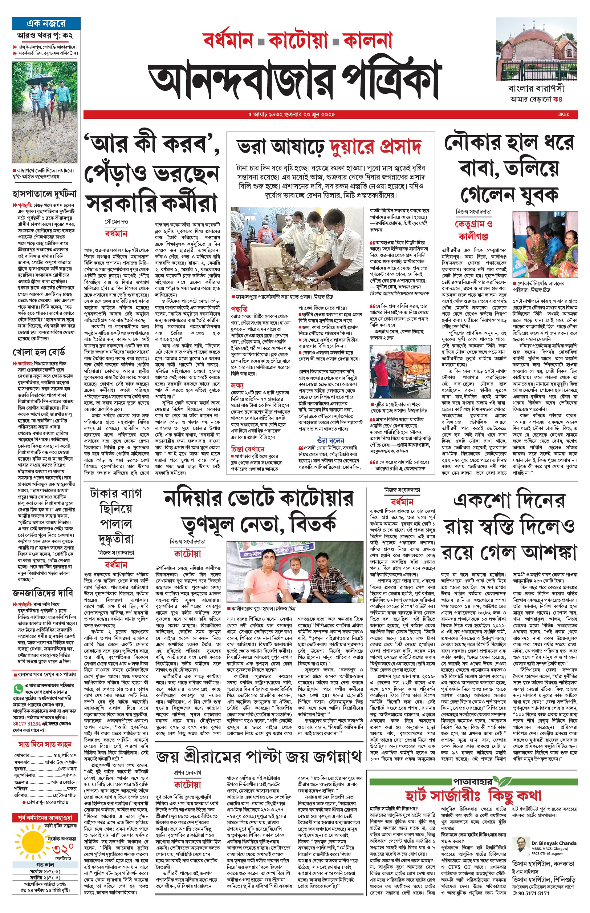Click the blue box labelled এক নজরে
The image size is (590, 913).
(x=46, y=24)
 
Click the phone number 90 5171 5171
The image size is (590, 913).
(x=534, y=893)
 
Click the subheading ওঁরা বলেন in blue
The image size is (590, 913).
(x=331, y=440)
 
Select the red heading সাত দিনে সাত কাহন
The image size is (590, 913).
(x=45, y=744)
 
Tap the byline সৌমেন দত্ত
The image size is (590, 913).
(x=116, y=222)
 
